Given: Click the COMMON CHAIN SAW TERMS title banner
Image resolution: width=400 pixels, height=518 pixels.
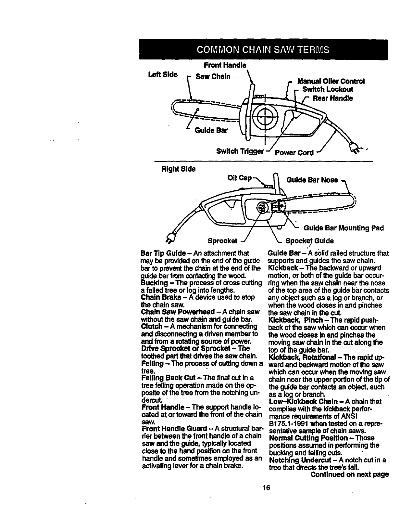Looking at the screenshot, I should [263, 49].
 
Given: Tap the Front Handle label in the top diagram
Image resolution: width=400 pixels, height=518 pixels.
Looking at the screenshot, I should [225, 65].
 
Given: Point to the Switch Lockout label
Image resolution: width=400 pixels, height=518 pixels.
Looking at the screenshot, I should [327, 89].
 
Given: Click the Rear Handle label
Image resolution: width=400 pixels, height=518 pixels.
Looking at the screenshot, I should [332, 98].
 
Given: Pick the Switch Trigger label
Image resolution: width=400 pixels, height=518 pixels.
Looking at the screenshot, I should [240, 152].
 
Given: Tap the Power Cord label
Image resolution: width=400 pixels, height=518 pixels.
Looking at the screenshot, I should [294, 152].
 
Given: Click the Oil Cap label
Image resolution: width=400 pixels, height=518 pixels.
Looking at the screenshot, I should [240, 178].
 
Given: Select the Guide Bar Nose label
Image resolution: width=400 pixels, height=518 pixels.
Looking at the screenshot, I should [312, 180].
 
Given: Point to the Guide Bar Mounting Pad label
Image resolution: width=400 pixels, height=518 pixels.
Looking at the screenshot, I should [344, 228].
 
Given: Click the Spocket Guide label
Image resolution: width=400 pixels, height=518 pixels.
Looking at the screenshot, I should [309, 241].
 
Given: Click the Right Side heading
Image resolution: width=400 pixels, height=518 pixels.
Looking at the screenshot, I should [179, 169].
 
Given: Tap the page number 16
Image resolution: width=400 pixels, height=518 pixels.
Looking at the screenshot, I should [267, 487].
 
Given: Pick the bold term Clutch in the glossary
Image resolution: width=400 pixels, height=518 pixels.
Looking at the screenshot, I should [150, 326].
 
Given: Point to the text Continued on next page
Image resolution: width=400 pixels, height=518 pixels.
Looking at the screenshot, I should [349, 474].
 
